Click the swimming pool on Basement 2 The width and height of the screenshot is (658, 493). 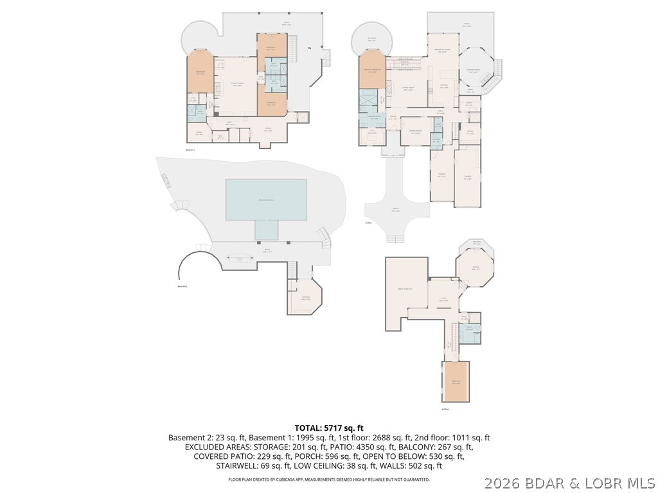click(x=265, y=200)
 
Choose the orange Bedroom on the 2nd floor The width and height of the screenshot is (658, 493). click(x=456, y=383)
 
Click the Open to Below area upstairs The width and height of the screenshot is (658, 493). click(x=405, y=289)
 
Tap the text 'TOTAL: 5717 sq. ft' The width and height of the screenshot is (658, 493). click(x=329, y=428)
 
